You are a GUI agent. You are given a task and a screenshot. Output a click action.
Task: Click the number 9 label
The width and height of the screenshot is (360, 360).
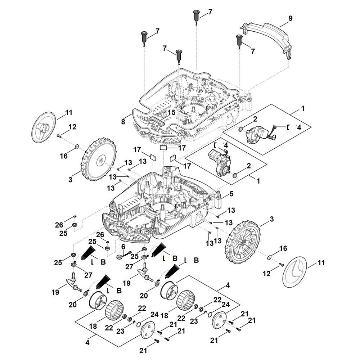[291, 18]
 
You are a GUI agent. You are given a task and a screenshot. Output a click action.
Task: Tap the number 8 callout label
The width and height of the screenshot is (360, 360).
[123, 122]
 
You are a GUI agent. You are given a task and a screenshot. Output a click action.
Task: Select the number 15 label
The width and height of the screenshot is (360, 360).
[171, 113]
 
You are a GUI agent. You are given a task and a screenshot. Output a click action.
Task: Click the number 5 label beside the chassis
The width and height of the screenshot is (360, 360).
[231, 194]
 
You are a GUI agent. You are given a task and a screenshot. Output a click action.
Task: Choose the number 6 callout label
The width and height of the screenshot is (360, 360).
[123, 247]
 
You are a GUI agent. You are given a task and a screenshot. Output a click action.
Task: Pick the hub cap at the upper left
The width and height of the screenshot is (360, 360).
[44, 128]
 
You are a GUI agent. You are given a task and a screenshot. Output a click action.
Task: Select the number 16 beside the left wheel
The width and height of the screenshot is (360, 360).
[63, 156]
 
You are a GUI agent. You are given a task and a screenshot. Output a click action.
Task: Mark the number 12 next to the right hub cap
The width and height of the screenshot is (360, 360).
[266, 274]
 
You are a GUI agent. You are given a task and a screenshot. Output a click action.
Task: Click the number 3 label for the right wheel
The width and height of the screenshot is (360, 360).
[271, 219]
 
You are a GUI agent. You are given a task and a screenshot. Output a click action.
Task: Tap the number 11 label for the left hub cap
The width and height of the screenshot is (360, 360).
[69, 113]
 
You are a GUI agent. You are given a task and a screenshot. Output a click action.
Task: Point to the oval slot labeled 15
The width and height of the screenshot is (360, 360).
[157, 120]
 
